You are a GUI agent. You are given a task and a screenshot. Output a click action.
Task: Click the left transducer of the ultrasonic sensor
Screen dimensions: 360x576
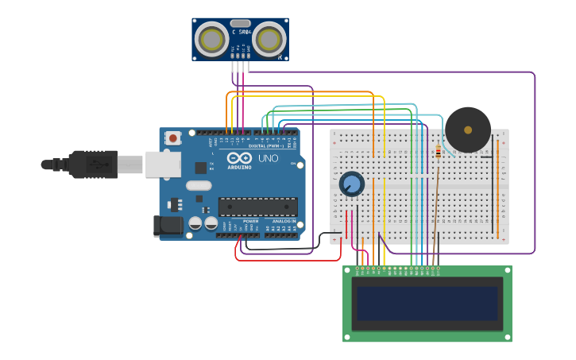(211, 39)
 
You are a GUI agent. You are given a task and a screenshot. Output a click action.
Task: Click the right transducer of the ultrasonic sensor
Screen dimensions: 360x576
(270, 39)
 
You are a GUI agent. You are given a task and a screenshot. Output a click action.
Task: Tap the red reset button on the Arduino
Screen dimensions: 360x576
(173, 138)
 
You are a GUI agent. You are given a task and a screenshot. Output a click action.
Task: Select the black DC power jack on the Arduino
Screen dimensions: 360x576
(169, 225)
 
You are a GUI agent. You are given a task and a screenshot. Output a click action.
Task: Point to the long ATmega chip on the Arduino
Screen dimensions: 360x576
(258, 207)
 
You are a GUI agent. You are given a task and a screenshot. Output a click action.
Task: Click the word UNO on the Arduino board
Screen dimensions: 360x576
(268, 158)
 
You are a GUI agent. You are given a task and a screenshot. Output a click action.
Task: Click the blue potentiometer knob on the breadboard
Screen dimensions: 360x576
(351, 184)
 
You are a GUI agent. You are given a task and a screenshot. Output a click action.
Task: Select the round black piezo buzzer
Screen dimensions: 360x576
(467, 130)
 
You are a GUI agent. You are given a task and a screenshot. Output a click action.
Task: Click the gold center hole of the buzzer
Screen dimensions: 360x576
(467, 130)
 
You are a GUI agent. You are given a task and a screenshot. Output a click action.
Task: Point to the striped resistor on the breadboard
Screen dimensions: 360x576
(438, 152)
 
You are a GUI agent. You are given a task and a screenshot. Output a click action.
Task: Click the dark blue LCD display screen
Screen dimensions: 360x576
(427, 304)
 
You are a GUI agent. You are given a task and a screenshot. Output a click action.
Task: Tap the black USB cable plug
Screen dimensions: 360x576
(92, 165)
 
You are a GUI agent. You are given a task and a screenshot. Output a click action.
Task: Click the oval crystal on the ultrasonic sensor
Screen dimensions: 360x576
(241, 24)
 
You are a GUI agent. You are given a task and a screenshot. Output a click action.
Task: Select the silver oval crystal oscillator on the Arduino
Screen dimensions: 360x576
(199, 186)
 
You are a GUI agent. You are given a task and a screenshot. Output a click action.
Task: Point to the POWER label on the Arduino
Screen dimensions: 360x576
(250, 221)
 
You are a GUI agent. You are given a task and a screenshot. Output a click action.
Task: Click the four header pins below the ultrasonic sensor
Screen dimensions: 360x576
(241, 67)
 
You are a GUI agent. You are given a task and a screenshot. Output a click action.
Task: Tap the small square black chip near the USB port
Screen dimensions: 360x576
(201, 168)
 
